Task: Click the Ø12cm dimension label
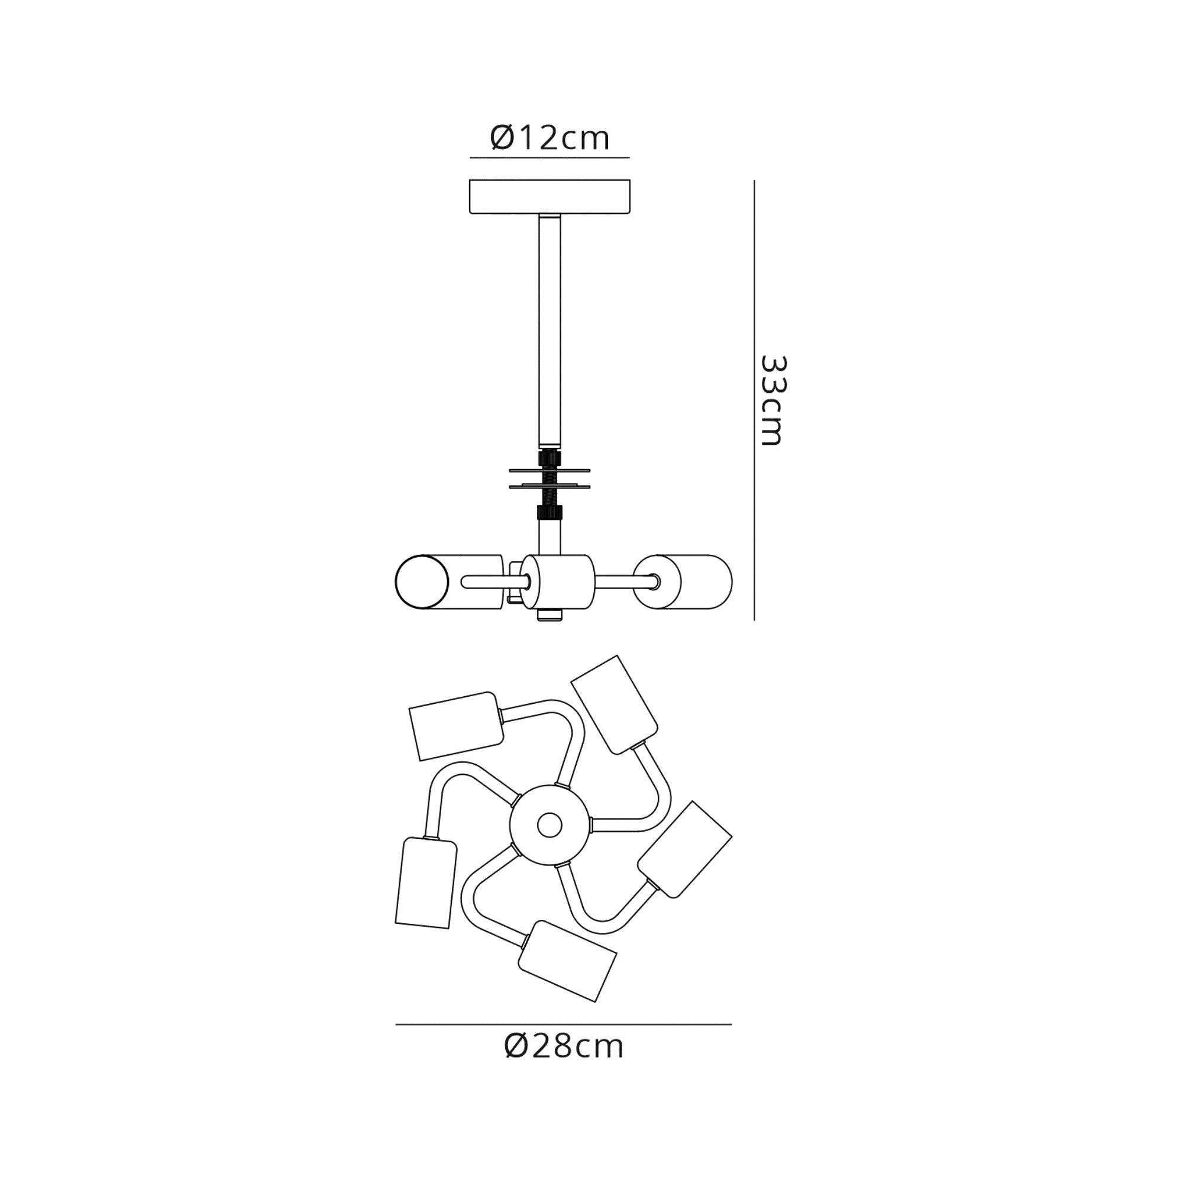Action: tap(550, 138)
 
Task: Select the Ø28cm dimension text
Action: tap(563, 1046)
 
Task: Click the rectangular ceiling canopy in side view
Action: tap(550, 196)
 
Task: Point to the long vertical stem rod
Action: tap(550, 331)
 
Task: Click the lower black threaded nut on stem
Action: tap(550, 512)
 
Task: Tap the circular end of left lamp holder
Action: tap(421, 581)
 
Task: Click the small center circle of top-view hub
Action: tap(550, 825)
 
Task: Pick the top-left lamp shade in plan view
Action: tap(456, 726)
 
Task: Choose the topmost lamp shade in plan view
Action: tap(614, 704)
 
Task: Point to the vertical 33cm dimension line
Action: tap(754, 400)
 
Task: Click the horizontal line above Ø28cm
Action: tap(563, 1024)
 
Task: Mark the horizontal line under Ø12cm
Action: tap(550, 157)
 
